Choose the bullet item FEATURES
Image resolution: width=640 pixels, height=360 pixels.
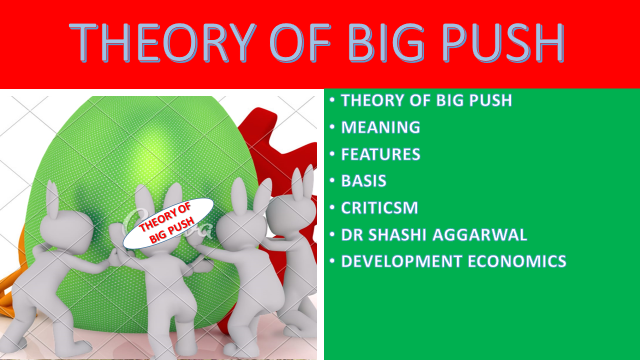pyautogui.click(x=381, y=155)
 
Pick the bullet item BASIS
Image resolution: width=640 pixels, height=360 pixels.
pyautogui.click(x=364, y=181)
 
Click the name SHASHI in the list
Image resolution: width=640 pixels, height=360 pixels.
pyautogui.click(x=400, y=235)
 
